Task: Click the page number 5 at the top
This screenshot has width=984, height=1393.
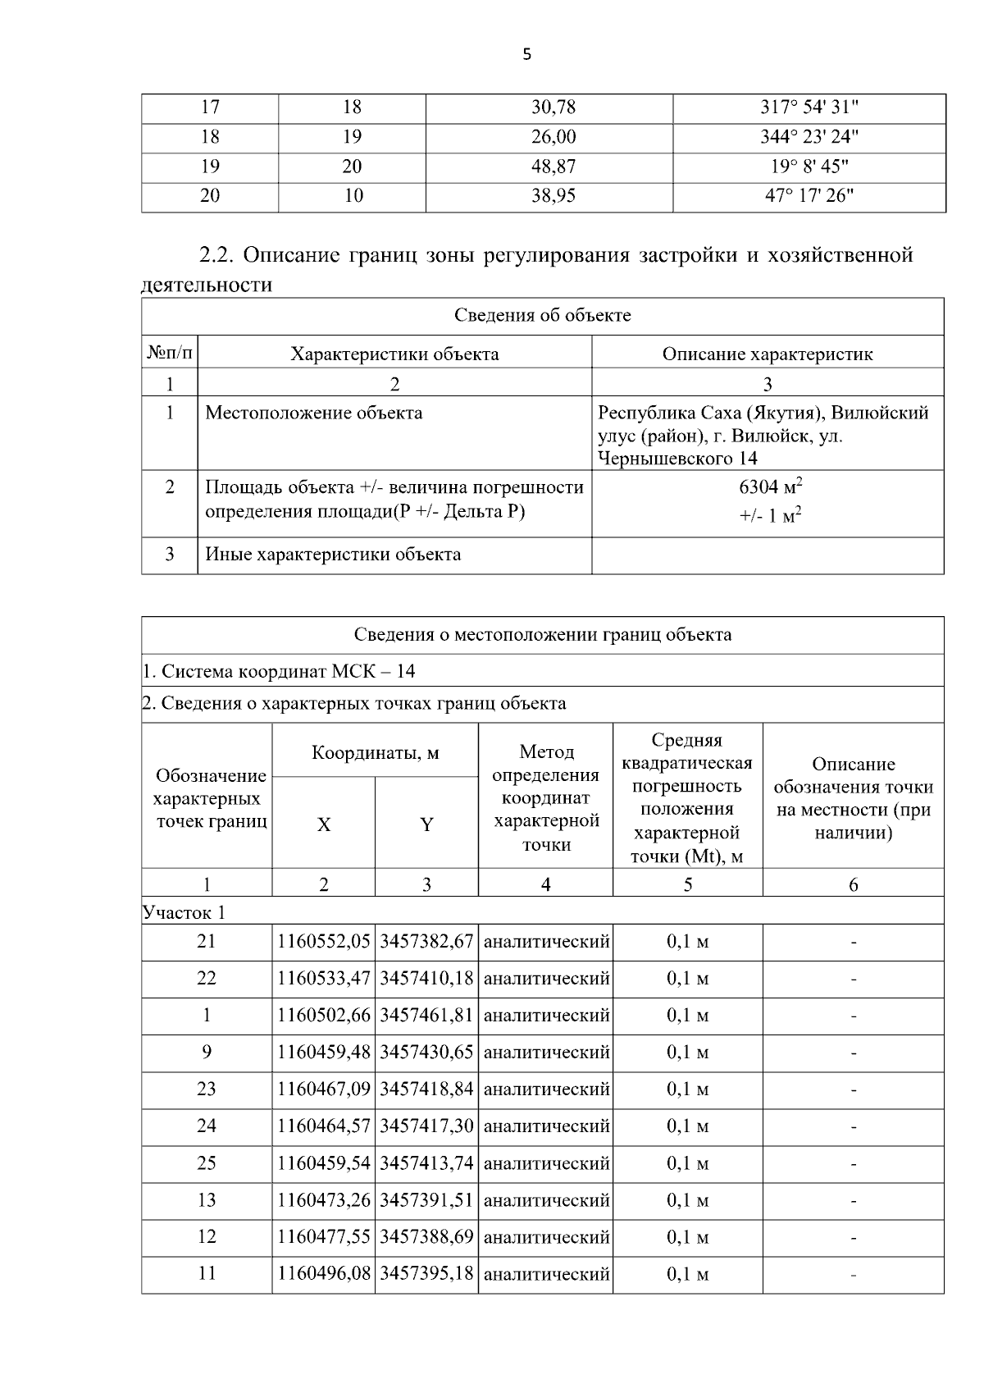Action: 526,55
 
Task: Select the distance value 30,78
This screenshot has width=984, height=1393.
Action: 553,107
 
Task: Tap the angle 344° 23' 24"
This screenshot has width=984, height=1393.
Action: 809,136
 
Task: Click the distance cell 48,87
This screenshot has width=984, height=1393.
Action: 553,167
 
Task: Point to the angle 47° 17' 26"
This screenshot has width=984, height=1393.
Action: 809,196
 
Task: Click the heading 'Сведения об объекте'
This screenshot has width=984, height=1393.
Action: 542,316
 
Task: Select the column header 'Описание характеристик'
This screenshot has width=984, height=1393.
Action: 767,354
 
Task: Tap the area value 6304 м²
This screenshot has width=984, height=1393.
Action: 770,486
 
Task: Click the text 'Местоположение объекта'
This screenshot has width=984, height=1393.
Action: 313,413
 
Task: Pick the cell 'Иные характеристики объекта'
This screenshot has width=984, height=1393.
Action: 332,555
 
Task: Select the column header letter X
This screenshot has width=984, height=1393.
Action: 324,825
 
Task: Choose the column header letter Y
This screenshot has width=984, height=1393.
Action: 426,825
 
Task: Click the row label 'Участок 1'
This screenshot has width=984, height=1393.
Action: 184,912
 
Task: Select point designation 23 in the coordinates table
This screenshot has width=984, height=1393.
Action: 207,1089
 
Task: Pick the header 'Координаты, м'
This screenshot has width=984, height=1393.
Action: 375,753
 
